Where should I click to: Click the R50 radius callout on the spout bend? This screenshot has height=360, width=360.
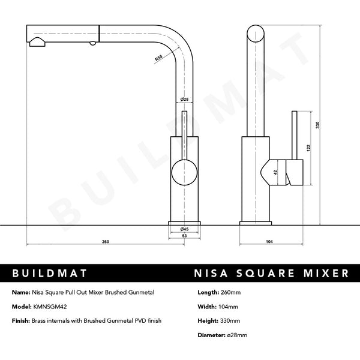pyautogui.click(x=158, y=58)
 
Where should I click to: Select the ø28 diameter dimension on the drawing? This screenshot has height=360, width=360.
pyautogui.click(x=185, y=100)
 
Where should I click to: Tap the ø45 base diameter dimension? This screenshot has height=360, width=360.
pyautogui.click(x=185, y=229)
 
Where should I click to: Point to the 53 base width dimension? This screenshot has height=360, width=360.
pyautogui.click(x=185, y=236)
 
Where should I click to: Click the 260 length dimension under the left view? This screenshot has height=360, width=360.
pyautogui.click(x=106, y=242)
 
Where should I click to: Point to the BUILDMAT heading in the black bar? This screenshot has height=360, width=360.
pyautogui.click(x=50, y=274)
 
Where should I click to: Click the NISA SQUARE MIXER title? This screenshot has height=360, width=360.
pyautogui.click(x=271, y=274)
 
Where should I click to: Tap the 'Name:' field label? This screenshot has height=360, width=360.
pyautogui.click(x=22, y=292)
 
